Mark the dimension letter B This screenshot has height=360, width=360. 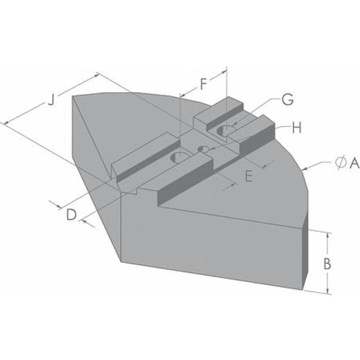[327, 264]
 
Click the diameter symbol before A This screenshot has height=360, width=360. [339, 165]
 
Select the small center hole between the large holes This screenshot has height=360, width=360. [204, 149]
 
